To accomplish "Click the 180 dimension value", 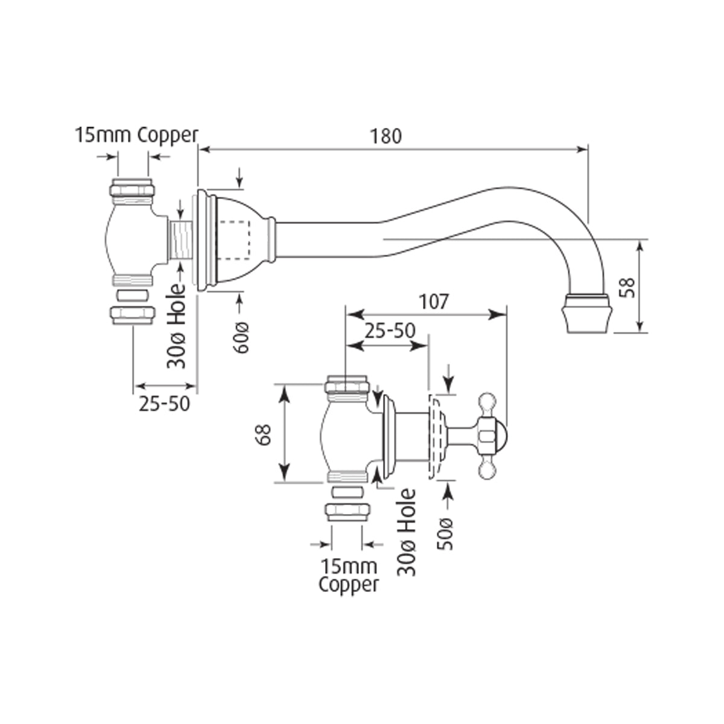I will coord(386,136).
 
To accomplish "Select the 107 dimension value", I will coord(434,301).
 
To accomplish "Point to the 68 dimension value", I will coord(263,433).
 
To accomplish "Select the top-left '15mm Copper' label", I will coord(136,135).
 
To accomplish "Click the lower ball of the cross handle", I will coord(487,469).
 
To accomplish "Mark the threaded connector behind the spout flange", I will coord(180,240).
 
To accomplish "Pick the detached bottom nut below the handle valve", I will coord(347,512).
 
